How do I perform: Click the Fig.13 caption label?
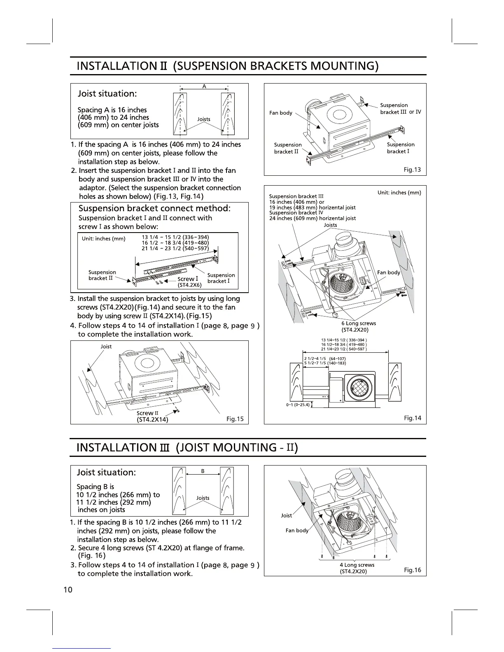click(412, 170)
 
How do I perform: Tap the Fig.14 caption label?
click(412, 418)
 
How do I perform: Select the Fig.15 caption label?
click(235, 419)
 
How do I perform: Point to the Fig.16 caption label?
click(412, 570)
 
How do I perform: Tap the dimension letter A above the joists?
click(204, 86)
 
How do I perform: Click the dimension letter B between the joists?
click(203, 472)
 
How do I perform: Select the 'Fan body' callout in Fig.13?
click(280, 113)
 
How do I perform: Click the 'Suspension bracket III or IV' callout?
click(400, 109)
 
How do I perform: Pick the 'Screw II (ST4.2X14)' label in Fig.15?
click(152, 416)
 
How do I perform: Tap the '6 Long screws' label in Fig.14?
click(358, 326)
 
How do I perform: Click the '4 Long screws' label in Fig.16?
click(357, 568)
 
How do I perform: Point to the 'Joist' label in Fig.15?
click(106, 347)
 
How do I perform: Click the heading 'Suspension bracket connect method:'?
click(154, 208)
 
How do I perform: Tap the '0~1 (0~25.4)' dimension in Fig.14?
click(297, 405)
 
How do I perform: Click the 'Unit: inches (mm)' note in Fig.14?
click(399, 193)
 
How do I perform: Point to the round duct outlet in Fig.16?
click(345, 480)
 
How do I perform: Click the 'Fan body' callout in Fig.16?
click(296, 531)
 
